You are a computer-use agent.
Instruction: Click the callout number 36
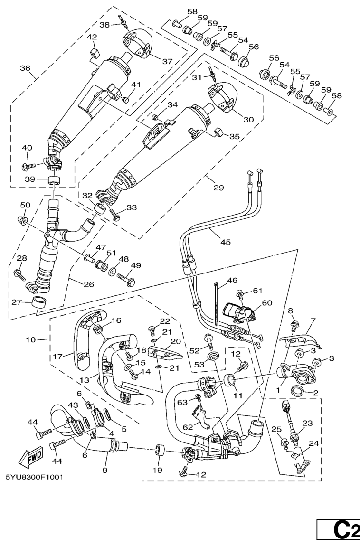(25, 68)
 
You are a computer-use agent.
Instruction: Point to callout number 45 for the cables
(226, 242)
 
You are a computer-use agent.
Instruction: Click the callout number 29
(218, 188)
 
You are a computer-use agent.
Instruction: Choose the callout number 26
(88, 285)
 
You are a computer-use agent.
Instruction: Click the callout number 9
(105, 470)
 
